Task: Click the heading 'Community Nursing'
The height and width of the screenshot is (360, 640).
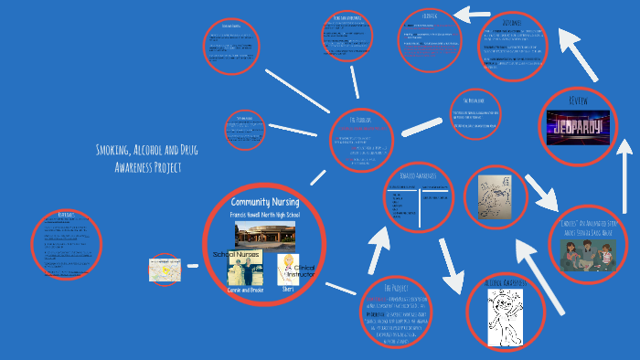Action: pos(264,201)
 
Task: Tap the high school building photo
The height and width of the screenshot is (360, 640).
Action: pos(265,232)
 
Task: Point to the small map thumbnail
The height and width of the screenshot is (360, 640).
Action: pos(165,269)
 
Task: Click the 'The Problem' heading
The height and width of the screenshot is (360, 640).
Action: pos(361,120)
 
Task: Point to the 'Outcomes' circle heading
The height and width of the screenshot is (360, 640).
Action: pos(517,21)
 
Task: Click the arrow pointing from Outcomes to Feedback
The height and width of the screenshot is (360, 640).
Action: pos(473,15)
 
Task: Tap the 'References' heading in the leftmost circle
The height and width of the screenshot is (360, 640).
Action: pos(65,215)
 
